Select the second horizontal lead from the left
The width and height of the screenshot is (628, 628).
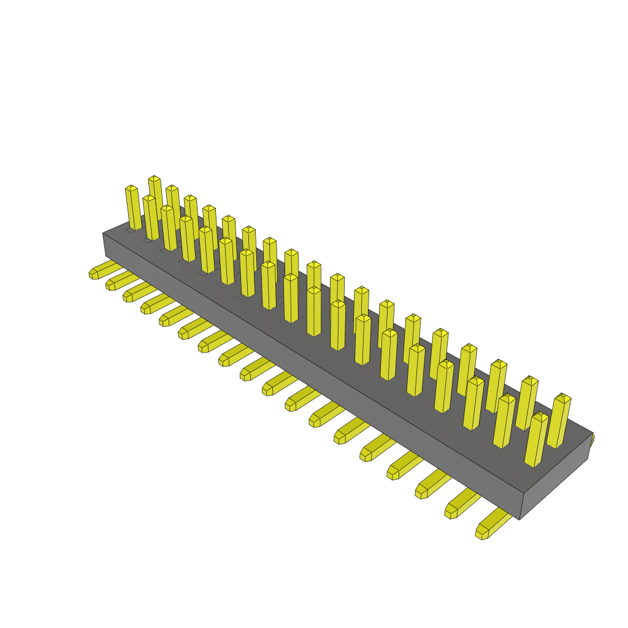[118, 281]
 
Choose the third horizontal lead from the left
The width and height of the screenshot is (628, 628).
[136, 293]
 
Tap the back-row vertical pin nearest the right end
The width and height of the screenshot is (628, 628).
[559, 422]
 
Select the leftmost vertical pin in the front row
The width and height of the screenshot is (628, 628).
[133, 209]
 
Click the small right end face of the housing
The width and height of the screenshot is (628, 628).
[556, 478]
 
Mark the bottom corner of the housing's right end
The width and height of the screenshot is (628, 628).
[519, 519]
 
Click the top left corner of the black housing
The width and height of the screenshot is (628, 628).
[102, 234]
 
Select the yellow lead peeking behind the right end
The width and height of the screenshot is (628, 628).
[592, 440]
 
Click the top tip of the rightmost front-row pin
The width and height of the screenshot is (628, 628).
[539, 416]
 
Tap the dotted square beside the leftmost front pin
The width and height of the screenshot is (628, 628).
[130, 231]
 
